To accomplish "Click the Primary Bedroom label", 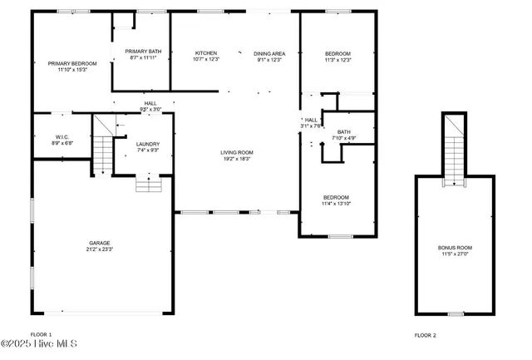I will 72,64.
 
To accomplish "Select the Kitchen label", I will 206,53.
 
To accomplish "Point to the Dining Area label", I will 269,53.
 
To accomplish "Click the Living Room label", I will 237,152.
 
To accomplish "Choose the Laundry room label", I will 148,145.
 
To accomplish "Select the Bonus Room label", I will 455,247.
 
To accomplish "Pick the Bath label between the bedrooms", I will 344,131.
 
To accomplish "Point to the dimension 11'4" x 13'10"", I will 337,204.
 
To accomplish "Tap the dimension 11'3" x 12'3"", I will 337,60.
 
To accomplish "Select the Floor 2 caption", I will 425,334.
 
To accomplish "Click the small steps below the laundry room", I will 148,183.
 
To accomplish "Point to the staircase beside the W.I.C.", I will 101,150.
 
